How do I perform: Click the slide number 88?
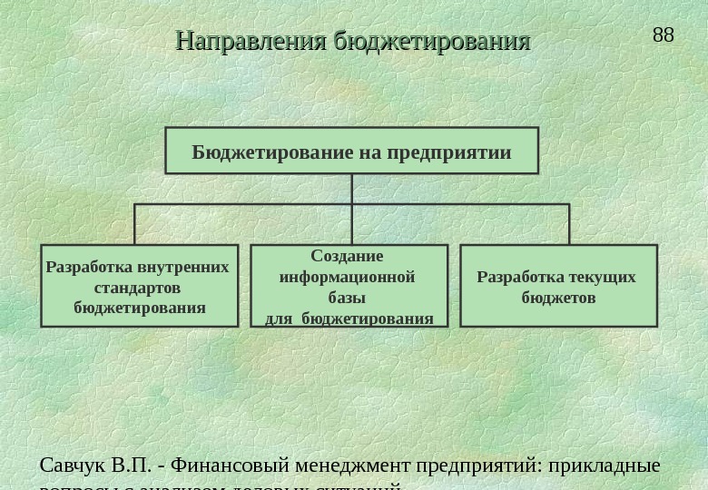click(664, 35)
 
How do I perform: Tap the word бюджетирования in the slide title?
click(432, 42)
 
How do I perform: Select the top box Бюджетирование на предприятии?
click(351, 151)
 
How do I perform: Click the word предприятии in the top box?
click(449, 152)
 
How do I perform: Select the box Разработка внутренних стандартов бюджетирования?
click(140, 285)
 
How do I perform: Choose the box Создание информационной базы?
click(349, 285)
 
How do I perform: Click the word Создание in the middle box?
click(347, 256)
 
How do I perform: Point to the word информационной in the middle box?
click(348, 277)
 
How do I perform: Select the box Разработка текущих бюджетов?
click(558, 285)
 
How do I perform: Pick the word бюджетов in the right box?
click(558, 298)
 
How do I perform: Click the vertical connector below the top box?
click(351, 189)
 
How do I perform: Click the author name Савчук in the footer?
click(71, 465)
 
